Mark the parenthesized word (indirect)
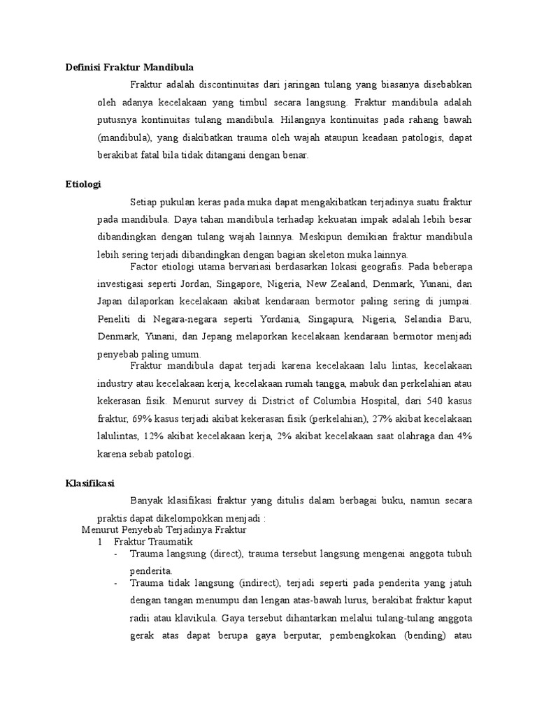(x=246, y=582)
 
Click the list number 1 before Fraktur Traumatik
(x=100, y=541)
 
